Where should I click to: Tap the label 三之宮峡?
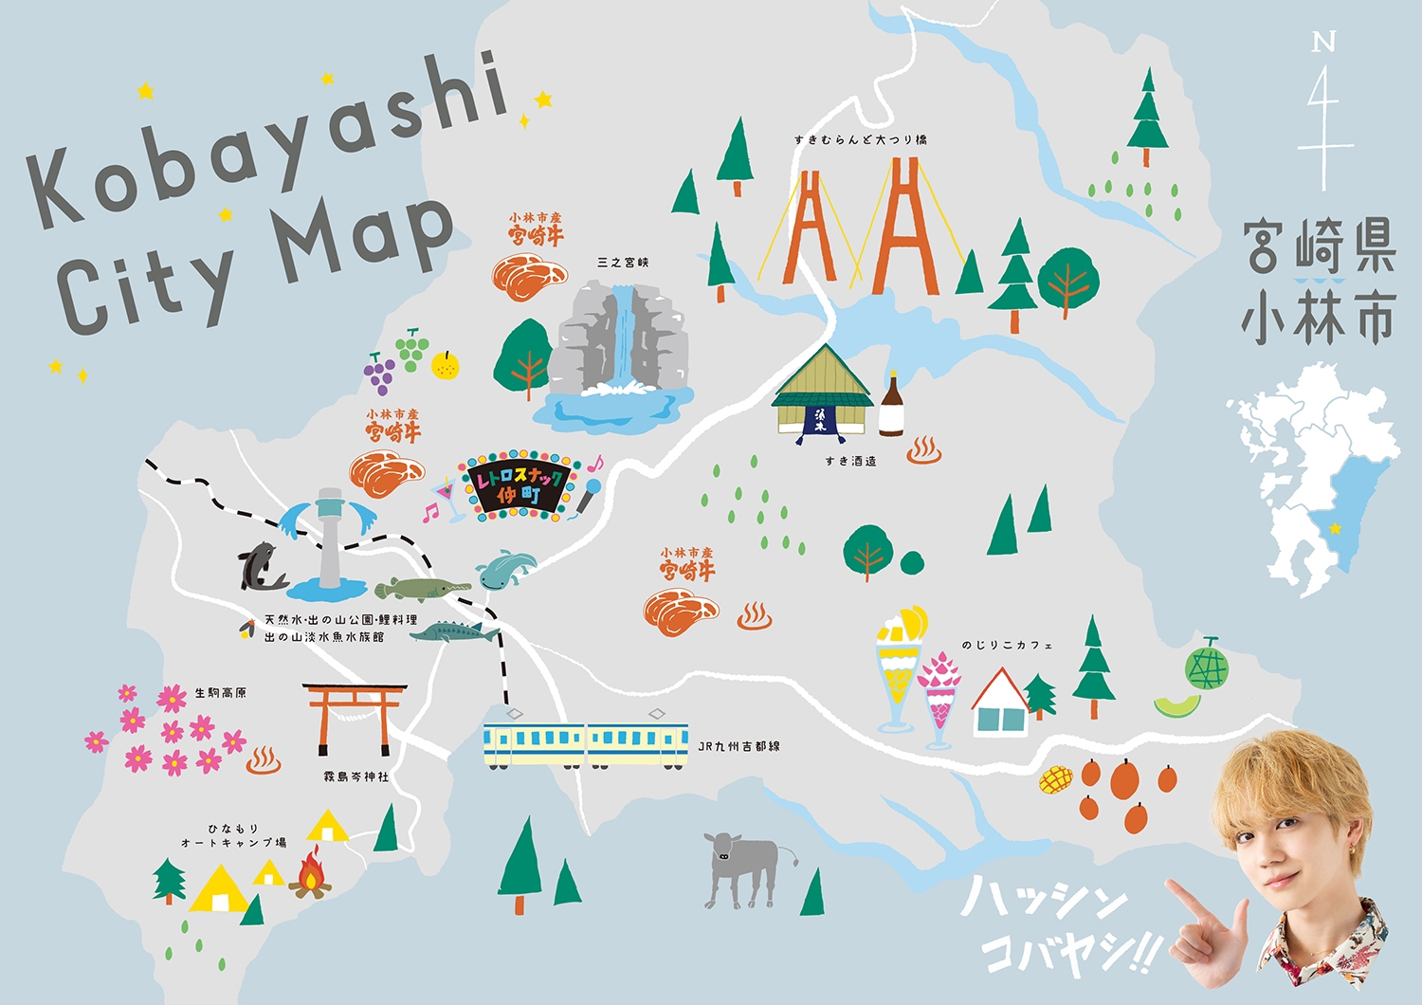click(x=623, y=263)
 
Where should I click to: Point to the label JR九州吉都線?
click(x=738, y=747)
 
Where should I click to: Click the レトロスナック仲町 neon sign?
click(x=520, y=486)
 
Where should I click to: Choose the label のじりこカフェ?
click(x=1007, y=646)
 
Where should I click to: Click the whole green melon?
click(x=1207, y=665)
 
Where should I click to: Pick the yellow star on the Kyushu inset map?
click(x=1336, y=528)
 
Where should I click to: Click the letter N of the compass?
click(x=1323, y=42)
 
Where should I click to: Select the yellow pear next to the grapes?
click(x=446, y=364)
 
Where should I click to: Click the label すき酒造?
click(x=850, y=462)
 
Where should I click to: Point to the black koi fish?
click(x=261, y=566)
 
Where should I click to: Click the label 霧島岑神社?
click(x=355, y=777)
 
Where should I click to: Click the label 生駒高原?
click(x=220, y=693)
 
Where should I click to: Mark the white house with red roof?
click(x=1000, y=704)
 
